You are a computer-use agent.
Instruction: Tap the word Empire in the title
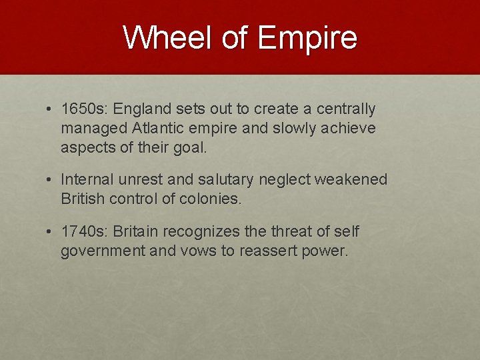(307, 39)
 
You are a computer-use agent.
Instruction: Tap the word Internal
(86, 179)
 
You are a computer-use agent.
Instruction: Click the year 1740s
(85, 231)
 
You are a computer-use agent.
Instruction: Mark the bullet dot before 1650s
(50, 109)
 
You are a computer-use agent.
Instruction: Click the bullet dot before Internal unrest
(50, 180)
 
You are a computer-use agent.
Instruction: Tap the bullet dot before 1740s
(50, 232)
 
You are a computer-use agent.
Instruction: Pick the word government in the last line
(103, 251)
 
